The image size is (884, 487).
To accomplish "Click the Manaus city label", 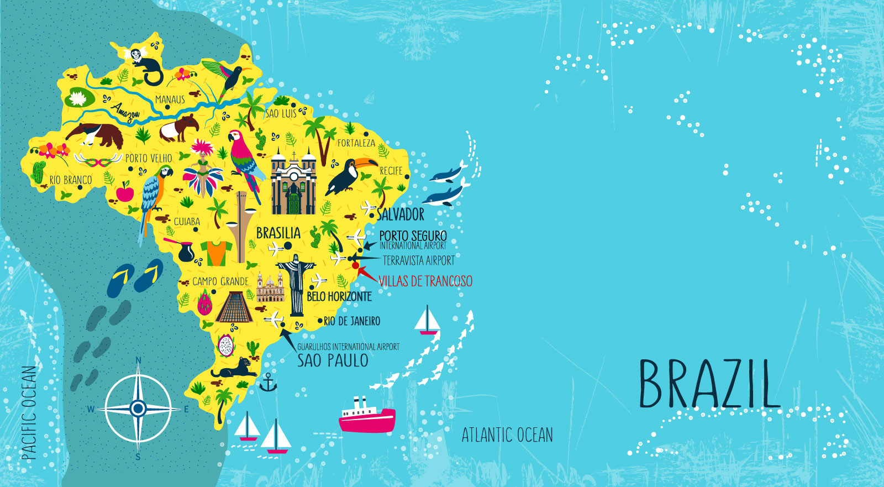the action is pyautogui.click(x=170, y=100).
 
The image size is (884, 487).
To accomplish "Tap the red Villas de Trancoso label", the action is pyautogui.click(x=425, y=281).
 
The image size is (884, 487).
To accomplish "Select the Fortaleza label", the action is pyautogui.click(x=356, y=143).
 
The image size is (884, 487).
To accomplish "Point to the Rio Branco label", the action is pyautogui.click(x=70, y=180).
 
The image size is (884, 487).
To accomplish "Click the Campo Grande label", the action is pyautogui.click(x=220, y=281).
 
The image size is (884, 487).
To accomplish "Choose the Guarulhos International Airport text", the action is pyautogui.click(x=348, y=347).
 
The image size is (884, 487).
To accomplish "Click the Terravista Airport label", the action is pyautogui.click(x=418, y=260).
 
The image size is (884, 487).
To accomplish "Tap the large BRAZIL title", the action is pyautogui.click(x=709, y=385).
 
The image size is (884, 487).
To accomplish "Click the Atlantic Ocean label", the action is pyautogui.click(x=507, y=434).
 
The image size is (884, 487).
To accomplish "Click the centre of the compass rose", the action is pyautogui.click(x=138, y=409).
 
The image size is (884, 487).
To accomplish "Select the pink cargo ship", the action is pyautogui.click(x=367, y=417).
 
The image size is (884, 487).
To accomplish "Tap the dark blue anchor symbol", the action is pyautogui.click(x=268, y=383).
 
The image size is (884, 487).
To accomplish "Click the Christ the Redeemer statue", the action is pyautogui.click(x=296, y=282).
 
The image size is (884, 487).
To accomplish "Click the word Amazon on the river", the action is pyautogui.click(x=125, y=112).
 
